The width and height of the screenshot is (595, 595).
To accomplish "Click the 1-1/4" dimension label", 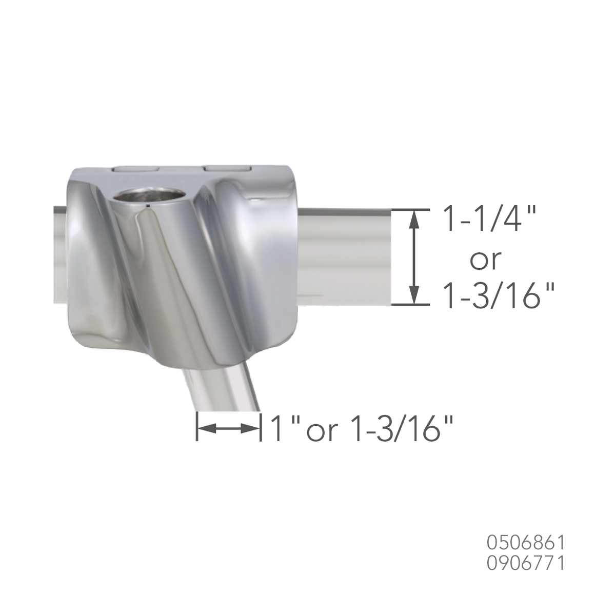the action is click(491, 220).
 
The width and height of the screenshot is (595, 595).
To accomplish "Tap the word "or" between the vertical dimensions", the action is click(486, 261).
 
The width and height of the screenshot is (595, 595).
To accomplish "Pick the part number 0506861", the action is click(526, 543).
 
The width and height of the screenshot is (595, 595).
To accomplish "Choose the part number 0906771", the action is click(526, 563).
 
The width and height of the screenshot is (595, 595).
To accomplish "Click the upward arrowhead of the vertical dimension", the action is click(414, 220).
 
